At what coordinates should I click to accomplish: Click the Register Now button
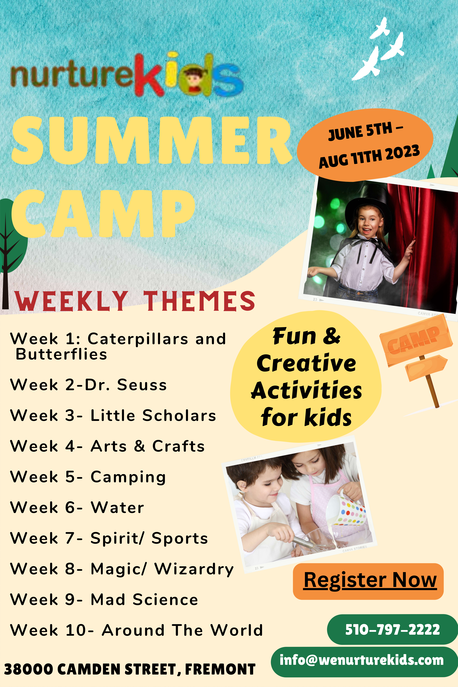[x=368, y=581]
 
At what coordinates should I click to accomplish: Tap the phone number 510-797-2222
[x=392, y=629]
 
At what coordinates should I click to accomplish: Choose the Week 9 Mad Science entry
[x=104, y=600]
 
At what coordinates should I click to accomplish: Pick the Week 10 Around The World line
[x=136, y=630]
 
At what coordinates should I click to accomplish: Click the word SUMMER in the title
[x=152, y=140]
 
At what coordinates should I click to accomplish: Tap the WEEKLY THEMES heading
[x=135, y=301]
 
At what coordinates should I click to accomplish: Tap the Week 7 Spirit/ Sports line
[x=109, y=538]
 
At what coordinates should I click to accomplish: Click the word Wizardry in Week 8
[x=194, y=569]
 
